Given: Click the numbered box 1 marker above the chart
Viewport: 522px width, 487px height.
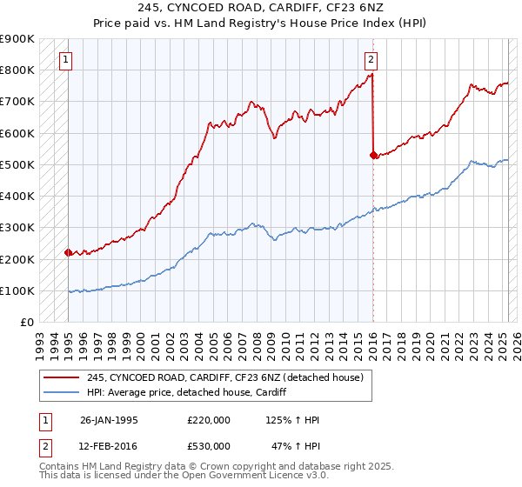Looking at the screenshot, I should pyautogui.click(x=67, y=60).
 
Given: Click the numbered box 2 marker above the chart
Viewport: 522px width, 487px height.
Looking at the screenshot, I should pyautogui.click(x=371, y=60).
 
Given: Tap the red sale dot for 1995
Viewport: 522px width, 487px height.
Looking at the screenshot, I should pyautogui.click(x=68, y=252).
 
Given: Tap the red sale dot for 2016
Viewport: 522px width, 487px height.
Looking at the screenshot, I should pyautogui.click(x=373, y=155).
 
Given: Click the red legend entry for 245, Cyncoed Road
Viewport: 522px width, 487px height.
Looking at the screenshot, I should pyautogui.click(x=230, y=377).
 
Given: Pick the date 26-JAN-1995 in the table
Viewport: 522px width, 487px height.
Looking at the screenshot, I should pyautogui.click(x=109, y=420).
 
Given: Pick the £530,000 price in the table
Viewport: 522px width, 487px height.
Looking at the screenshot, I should pyautogui.click(x=208, y=445).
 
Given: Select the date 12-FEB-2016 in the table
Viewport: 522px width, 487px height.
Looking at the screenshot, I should pyautogui.click(x=109, y=445).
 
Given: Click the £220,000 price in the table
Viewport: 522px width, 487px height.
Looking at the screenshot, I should pyautogui.click(x=208, y=420).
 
